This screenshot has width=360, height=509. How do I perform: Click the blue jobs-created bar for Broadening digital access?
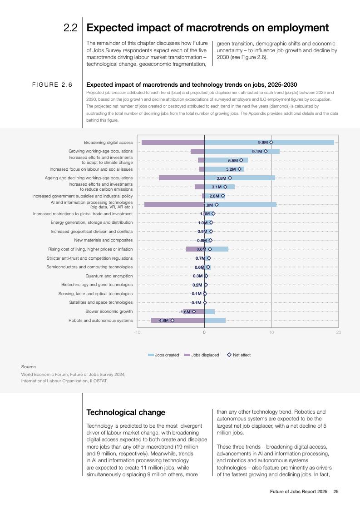pyautogui.click(x=269, y=142)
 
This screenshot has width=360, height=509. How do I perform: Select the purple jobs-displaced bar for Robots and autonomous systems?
pyautogui.click(x=178, y=321)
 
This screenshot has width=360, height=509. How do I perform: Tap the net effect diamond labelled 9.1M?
pyautogui.click(x=266, y=151)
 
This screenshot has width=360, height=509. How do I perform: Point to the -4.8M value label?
pyautogui.click(x=163, y=321)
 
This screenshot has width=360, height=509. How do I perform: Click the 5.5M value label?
pyautogui.click(x=233, y=160)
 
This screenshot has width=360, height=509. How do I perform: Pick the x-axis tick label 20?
pyautogui.click(x=339, y=332)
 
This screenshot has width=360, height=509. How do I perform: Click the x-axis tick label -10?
pyautogui.click(x=137, y=332)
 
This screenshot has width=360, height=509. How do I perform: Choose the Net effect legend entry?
pyautogui.click(x=239, y=355)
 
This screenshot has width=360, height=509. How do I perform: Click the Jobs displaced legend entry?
pyautogui.click(x=202, y=355)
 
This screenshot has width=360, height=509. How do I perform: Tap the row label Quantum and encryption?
pyautogui.click(x=109, y=276)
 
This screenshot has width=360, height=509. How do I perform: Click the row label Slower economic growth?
pyautogui.click(x=109, y=311)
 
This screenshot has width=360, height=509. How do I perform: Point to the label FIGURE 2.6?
pyautogui.click(x=52, y=85)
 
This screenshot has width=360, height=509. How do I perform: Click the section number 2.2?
pyautogui.click(x=70, y=28)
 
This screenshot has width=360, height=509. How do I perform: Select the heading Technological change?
pyautogui.click(x=126, y=412)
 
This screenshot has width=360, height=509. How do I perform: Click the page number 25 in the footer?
pyautogui.click(x=336, y=491)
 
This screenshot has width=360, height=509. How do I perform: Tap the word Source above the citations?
pyautogui.click(x=29, y=366)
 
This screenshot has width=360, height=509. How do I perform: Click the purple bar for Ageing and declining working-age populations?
pyautogui.click(x=182, y=178)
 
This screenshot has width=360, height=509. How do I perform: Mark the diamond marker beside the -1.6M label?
pyautogui.click(x=194, y=311)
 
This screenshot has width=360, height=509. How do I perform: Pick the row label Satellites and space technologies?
pyautogui.click(x=101, y=302)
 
